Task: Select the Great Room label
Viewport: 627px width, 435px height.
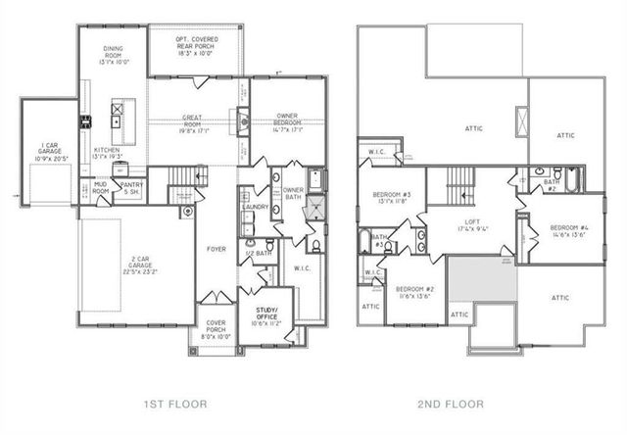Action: coord(193,121)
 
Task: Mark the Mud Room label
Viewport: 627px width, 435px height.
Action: coord(100,189)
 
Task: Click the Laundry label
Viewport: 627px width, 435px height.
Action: coord(256,207)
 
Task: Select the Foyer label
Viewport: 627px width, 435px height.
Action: coord(217,249)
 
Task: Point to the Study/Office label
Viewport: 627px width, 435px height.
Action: coord(265,316)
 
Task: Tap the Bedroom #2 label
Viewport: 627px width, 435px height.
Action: coord(414,293)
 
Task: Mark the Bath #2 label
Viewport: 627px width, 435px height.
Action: coord(552,184)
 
